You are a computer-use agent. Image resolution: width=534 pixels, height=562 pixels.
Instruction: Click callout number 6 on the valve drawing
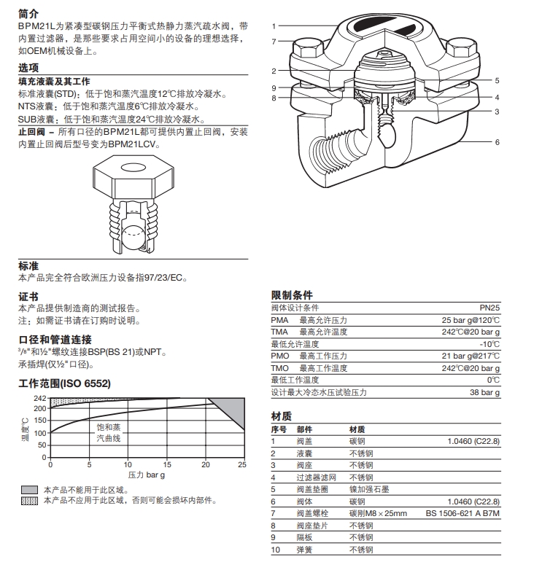(x=498, y=142)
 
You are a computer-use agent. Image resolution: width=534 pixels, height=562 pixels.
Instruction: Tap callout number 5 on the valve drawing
(x=497, y=81)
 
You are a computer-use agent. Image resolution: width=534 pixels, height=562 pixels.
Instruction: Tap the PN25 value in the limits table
(x=488, y=308)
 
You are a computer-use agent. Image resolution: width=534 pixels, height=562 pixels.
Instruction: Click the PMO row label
(x=279, y=356)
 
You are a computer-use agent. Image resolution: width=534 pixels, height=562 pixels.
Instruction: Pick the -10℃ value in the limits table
(x=489, y=344)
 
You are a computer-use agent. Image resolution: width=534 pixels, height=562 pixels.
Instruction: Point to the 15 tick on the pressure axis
(x=166, y=464)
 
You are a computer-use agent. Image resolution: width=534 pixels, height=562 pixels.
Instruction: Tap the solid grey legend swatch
(x=28, y=490)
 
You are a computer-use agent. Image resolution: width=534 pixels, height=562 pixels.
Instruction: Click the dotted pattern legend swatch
(x=28, y=500)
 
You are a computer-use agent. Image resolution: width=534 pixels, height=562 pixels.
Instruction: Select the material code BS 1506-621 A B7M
(x=463, y=513)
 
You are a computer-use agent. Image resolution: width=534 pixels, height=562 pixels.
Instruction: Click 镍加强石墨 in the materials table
(x=371, y=489)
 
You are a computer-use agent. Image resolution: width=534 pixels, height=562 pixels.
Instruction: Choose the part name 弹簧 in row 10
(x=304, y=549)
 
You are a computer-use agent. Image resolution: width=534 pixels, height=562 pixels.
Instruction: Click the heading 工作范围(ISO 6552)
(x=63, y=383)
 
